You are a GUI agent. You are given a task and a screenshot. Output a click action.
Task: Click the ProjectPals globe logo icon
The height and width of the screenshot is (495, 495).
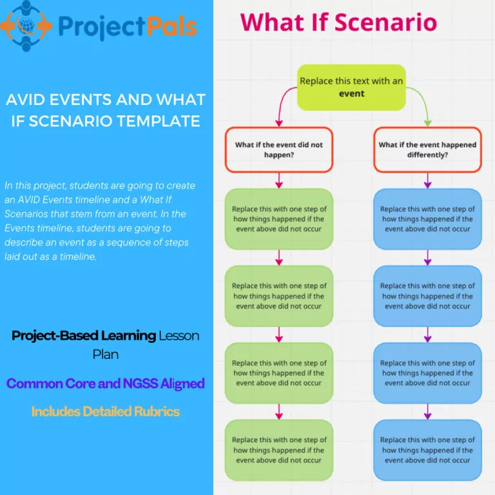click(26, 25)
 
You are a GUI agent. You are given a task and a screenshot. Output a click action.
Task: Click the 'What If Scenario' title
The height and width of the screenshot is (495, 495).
click(338, 22)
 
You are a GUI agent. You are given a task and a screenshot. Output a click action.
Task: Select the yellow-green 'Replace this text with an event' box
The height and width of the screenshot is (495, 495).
click(351, 87)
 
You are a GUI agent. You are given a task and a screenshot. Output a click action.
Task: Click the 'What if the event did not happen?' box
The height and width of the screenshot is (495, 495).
click(279, 150)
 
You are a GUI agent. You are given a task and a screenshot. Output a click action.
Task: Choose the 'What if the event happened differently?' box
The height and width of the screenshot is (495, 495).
click(427, 150)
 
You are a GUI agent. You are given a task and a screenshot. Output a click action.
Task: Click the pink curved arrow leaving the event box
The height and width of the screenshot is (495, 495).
click(282, 104)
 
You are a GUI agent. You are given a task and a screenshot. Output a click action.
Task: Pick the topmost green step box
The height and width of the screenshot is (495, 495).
click(279, 219)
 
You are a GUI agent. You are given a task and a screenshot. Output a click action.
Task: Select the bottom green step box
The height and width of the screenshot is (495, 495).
click(279, 450)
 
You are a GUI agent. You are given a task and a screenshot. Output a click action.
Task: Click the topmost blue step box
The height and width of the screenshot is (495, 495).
click(427, 219)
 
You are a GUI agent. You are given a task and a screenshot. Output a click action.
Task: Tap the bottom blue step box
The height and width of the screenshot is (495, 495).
click(427, 450)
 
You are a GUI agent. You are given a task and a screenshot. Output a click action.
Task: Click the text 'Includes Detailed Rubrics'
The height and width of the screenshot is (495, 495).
click(106, 411)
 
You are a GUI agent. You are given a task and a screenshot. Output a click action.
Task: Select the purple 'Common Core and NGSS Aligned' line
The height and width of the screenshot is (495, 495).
click(106, 383)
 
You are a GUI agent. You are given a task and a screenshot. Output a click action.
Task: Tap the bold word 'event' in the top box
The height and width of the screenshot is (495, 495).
click(352, 93)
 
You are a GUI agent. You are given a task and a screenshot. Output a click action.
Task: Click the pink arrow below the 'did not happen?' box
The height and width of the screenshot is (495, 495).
click(279, 180)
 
